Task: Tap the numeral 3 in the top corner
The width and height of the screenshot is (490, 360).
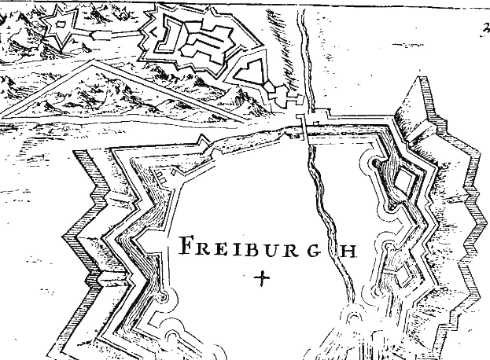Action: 479,31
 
